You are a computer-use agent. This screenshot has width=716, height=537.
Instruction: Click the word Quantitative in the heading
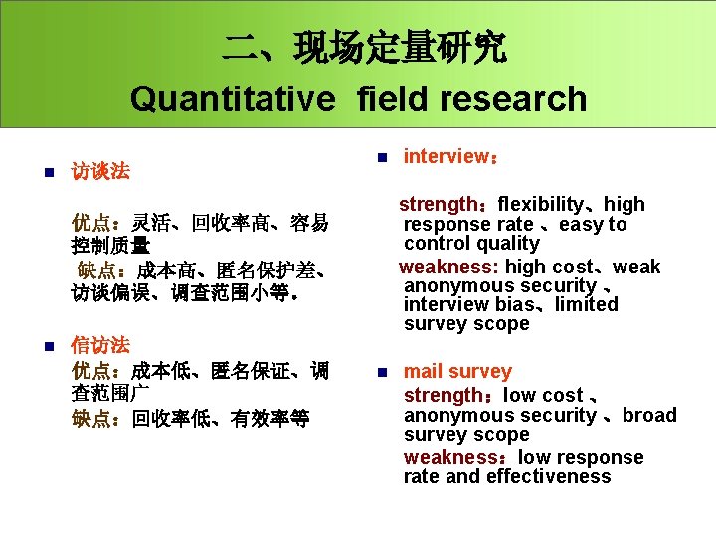click(231, 99)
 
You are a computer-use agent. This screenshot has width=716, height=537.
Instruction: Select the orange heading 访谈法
click(100, 171)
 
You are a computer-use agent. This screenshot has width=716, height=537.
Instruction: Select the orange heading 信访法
click(100, 345)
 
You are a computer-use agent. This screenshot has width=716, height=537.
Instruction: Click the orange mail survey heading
click(457, 372)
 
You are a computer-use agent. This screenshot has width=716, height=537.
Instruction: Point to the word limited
click(586, 304)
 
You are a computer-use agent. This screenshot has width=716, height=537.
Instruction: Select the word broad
click(649, 416)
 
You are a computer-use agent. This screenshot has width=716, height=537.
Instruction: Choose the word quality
click(507, 244)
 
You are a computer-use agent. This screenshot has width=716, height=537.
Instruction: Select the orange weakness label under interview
click(448, 267)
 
